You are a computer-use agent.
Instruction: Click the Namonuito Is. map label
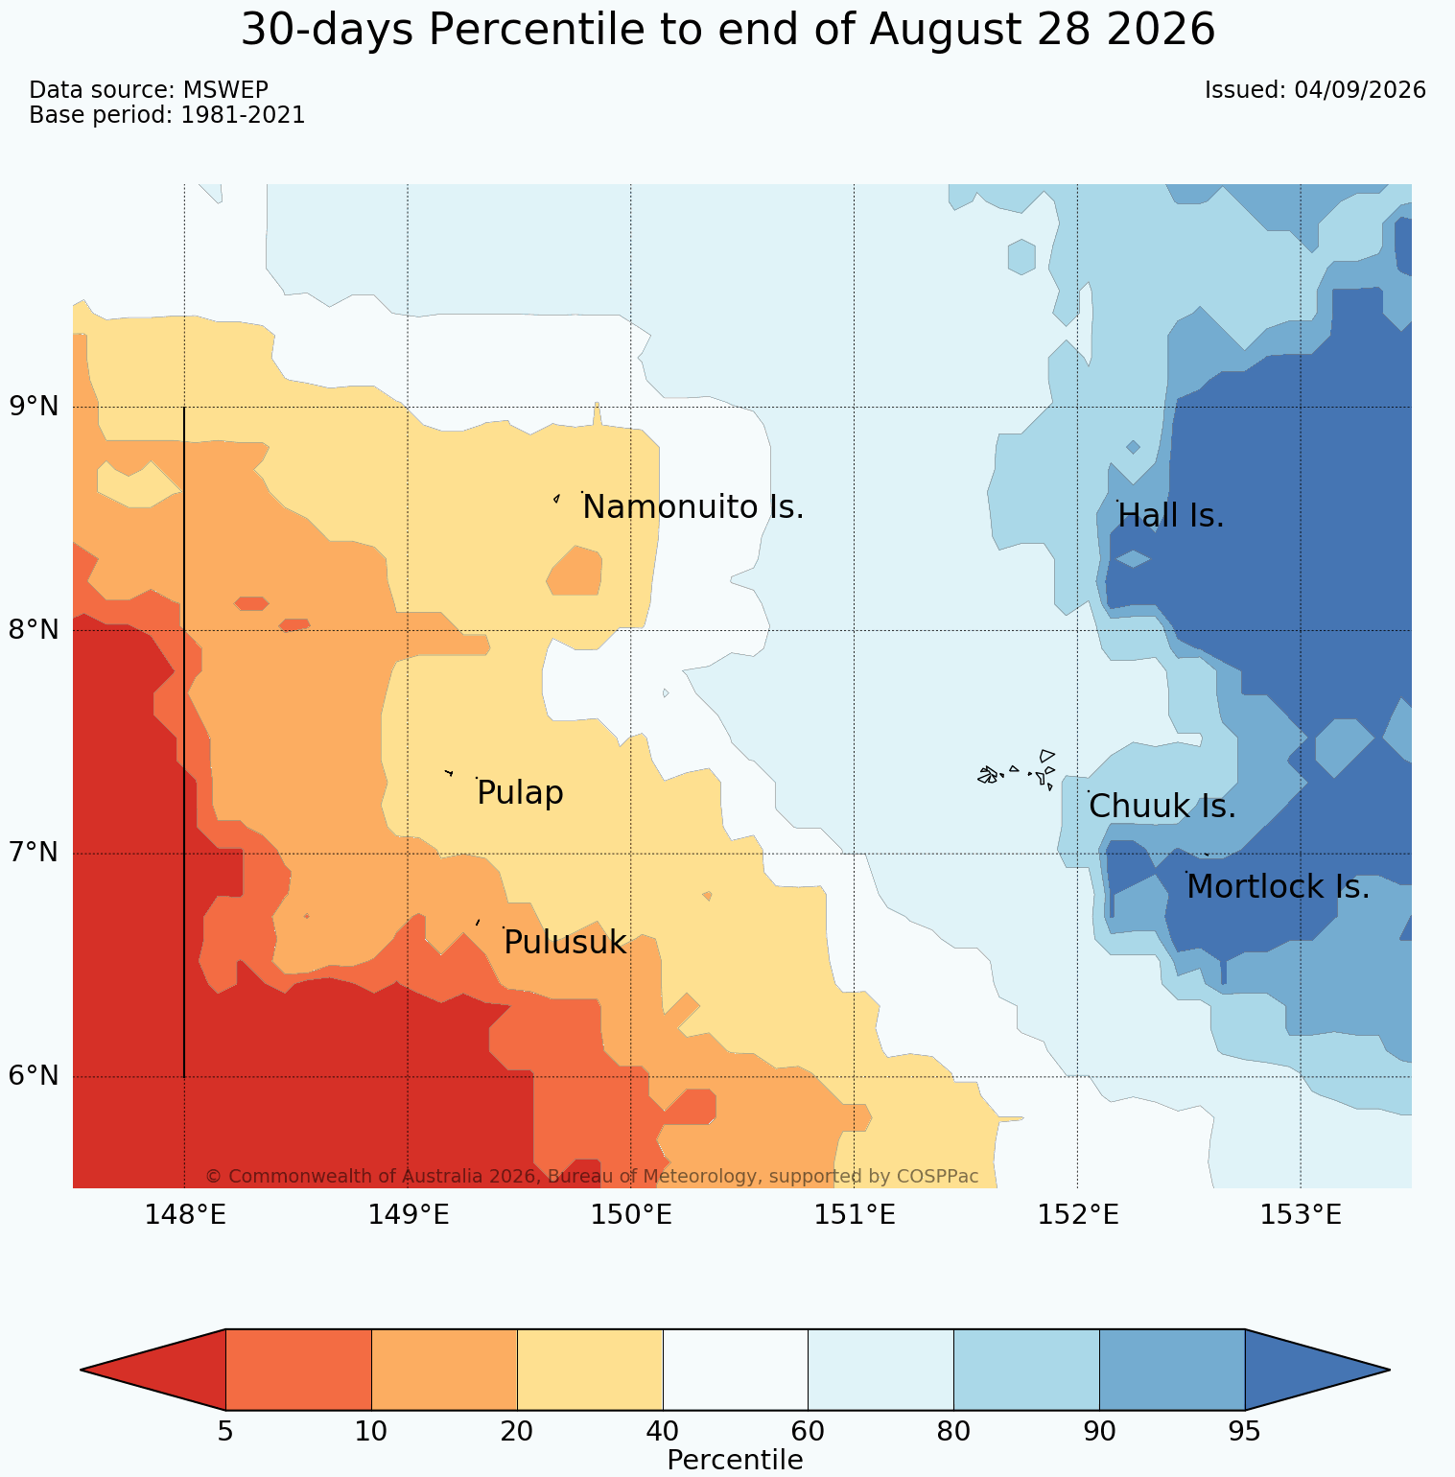point(693,507)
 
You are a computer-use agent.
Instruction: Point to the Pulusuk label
point(565,943)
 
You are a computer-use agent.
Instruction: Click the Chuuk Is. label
point(1162,807)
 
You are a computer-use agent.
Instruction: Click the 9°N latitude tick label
point(35,407)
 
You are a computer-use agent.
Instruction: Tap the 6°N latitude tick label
point(35,1076)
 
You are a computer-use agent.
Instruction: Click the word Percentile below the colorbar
point(735,1460)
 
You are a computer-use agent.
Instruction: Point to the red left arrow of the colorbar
point(153,1370)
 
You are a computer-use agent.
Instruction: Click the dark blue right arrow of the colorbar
point(1317,1370)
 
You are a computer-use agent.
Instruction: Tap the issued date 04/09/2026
point(1360,90)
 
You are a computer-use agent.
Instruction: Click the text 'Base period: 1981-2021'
point(167,115)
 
